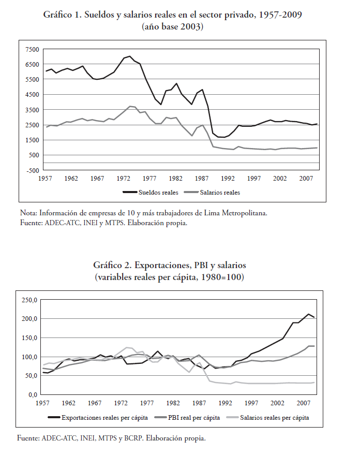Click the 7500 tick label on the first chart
coord(33,50)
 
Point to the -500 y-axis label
coord(33,170)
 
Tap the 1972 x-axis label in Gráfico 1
coord(124,179)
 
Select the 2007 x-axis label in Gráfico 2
coord(304,403)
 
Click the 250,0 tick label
coord(29,300)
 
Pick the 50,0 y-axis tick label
coord(31,376)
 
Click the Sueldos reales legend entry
coord(151,193)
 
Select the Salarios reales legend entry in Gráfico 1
coord(213,193)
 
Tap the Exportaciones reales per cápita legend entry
coord(98,418)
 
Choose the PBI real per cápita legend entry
coord(187,418)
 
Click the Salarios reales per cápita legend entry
coord(268,418)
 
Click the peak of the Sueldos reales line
coord(130,56)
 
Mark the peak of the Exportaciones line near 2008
coord(308,314)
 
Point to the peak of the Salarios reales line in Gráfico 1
coord(130,106)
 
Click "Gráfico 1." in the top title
coord(63,14)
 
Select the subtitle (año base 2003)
coord(173,27)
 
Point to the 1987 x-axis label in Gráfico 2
coord(199,403)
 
